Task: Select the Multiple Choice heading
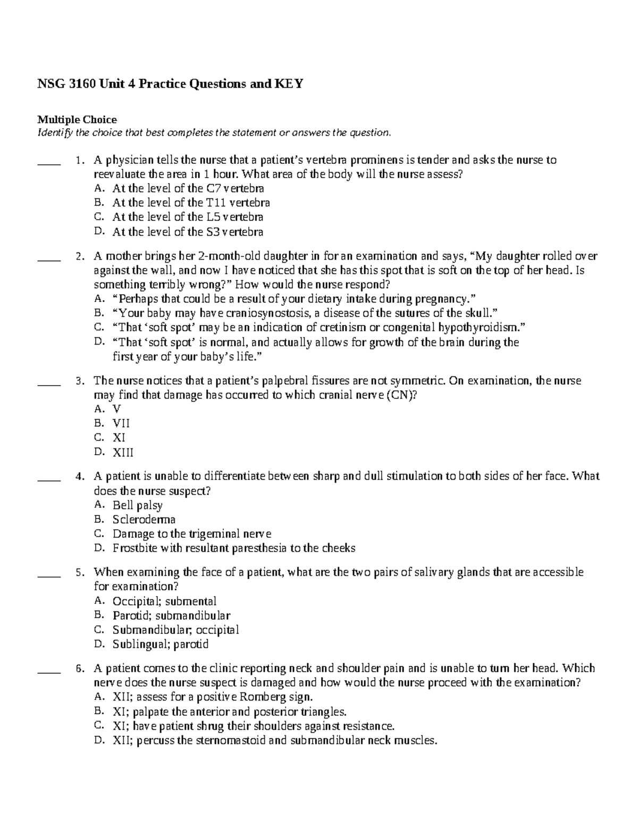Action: tap(76, 119)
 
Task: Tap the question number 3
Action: tap(79, 381)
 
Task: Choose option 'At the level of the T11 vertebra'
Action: tap(191, 203)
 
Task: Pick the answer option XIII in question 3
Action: tap(123, 453)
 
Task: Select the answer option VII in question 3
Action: tap(121, 424)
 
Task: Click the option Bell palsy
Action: tap(137, 505)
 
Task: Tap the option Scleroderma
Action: tap(144, 520)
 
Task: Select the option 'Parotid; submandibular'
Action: tap(171, 616)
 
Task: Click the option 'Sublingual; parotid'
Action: tap(160, 645)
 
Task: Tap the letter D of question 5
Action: tap(97, 644)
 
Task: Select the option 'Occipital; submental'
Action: tap(164, 602)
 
